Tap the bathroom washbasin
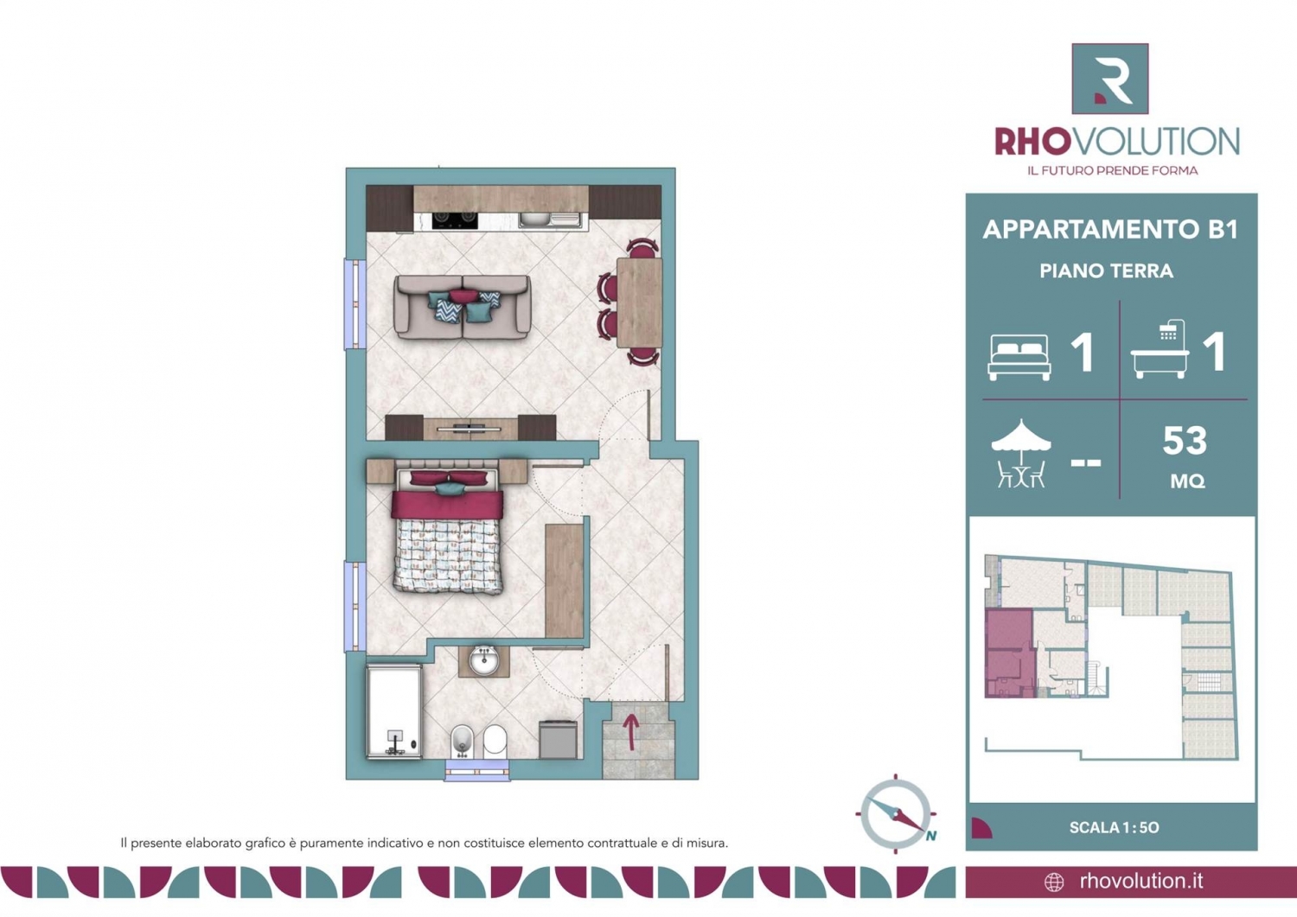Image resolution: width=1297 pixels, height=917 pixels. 483,661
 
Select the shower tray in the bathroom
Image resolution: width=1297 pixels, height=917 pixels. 393,712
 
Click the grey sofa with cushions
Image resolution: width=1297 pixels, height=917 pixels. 462,307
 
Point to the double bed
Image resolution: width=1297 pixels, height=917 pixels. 447,531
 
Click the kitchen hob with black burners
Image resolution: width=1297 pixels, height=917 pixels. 455,220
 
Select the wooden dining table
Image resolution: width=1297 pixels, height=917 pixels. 639,302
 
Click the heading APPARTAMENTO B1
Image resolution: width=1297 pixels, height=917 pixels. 1110,229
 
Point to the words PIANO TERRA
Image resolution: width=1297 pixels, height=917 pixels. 1107,271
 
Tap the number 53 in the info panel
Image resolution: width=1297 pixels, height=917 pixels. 1185,441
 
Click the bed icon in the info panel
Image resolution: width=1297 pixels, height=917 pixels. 1019,357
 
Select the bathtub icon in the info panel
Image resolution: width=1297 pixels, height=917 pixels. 1160,349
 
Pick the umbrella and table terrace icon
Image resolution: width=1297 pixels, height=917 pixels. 1021,453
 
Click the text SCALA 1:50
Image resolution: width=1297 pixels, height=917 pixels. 1114,827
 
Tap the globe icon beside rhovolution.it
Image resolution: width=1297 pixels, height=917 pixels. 1054,882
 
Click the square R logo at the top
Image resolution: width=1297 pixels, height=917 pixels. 1110,79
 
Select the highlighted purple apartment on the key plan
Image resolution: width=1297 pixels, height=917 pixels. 1009,653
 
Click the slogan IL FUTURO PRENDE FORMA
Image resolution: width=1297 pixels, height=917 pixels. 1112,170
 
